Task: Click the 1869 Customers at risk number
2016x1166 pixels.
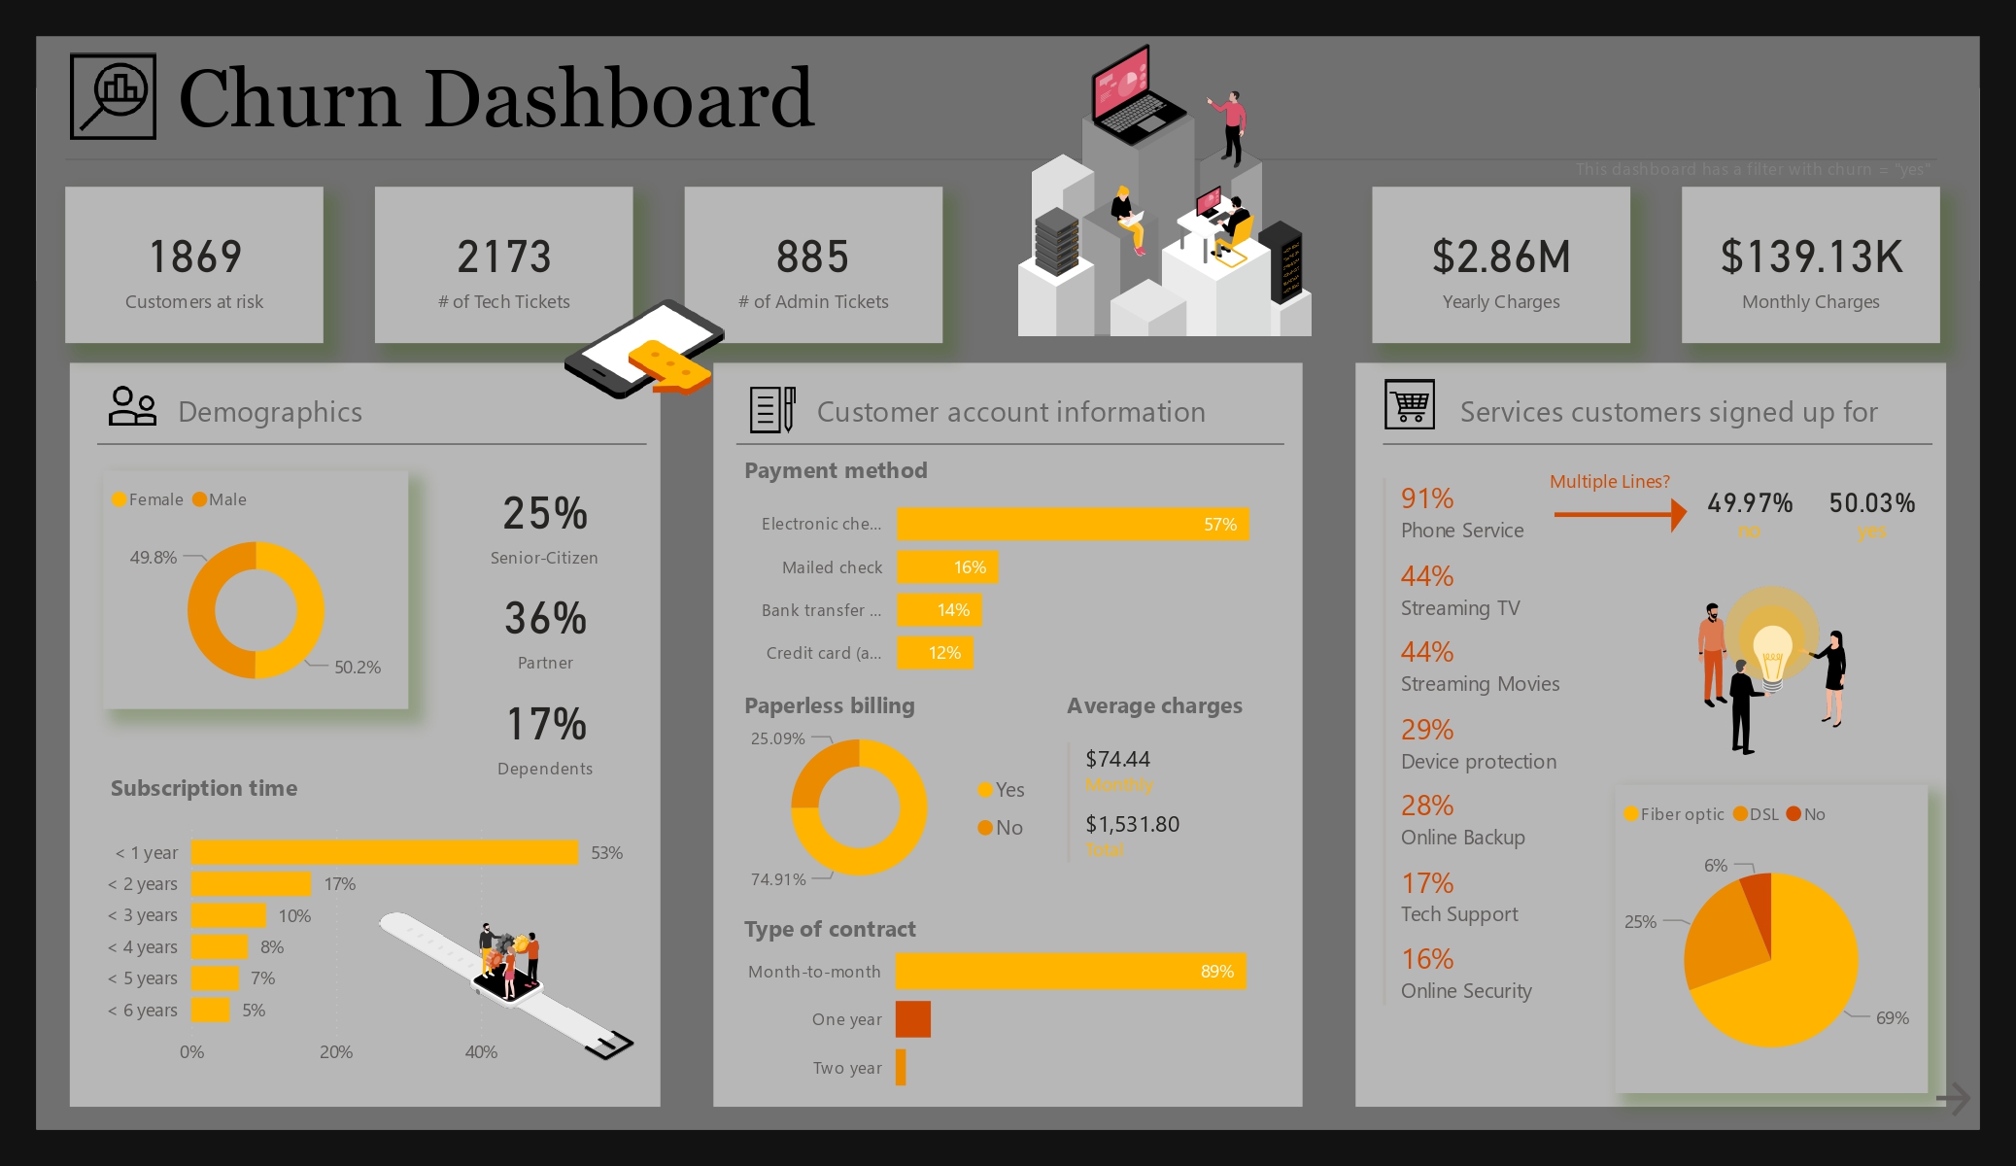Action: [x=194, y=257]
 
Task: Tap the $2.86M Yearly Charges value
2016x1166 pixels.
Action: [x=1501, y=257]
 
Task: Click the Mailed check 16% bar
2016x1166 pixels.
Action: [x=947, y=567]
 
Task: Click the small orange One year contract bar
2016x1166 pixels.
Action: [x=913, y=1019]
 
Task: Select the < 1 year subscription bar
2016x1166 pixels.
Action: [x=385, y=852]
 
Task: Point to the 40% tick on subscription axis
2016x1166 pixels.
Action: [x=481, y=1052]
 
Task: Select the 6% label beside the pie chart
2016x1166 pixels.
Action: [x=1716, y=866]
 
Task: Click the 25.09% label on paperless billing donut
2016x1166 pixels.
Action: [x=777, y=738]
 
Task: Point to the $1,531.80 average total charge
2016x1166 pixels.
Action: [x=1132, y=825]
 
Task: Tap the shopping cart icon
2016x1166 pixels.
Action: [x=1409, y=404]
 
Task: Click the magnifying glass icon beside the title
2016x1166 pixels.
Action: [x=113, y=96]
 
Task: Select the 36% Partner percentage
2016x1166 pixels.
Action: [x=545, y=619]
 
